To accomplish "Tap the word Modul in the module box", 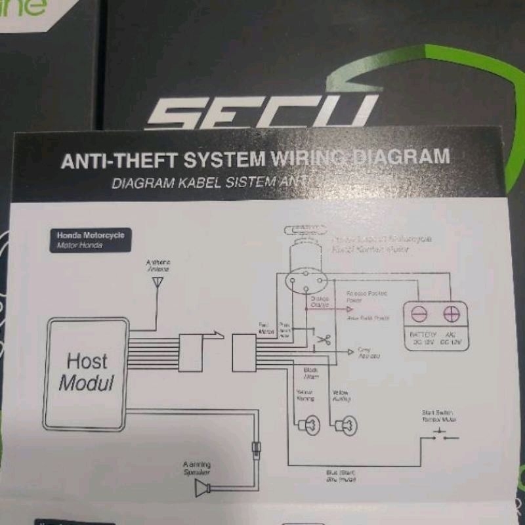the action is (x=87, y=383).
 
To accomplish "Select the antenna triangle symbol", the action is (x=157, y=282).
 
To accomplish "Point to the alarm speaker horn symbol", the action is (x=205, y=488).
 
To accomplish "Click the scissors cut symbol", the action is (x=323, y=340).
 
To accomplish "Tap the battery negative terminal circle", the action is (x=419, y=315).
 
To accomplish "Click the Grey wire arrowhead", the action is (x=350, y=352).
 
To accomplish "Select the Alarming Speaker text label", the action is (x=197, y=468).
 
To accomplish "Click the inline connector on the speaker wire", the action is (x=254, y=451).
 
